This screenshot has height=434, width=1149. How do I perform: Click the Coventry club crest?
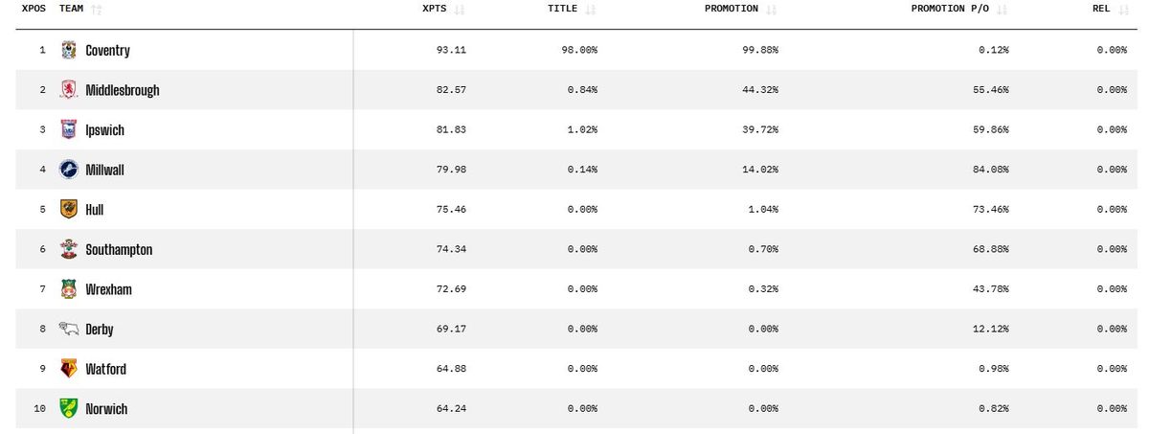pos(68,50)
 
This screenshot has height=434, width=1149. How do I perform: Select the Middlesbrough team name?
pos(122,90)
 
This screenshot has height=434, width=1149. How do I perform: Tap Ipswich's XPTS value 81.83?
pos(452,130)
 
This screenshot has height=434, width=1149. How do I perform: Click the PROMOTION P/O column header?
pos(952,9)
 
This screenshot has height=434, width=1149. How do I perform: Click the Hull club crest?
pos(68,209)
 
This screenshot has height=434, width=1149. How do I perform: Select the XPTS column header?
pos(434,9)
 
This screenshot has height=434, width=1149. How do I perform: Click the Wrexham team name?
pos(108,289)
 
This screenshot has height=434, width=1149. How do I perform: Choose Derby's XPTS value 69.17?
pos(452,330)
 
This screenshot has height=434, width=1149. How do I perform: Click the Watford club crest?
pos(68,369)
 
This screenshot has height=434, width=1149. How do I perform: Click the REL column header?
pos(1101,9)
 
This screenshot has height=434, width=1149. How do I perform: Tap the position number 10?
pos(40,409)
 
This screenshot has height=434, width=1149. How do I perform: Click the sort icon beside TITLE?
pos(590,10)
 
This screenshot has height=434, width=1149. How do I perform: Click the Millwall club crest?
pos(68,170)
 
